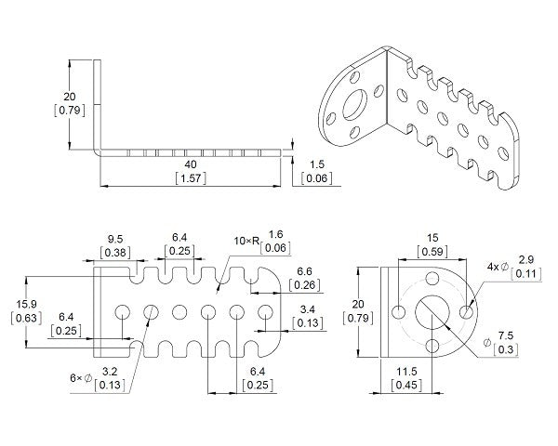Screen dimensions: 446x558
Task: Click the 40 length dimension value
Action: [191, 163]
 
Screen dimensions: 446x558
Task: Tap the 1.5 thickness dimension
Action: [316, 164]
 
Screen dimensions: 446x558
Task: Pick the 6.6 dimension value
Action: [304, 270]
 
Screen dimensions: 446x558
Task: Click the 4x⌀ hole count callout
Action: [497, 267]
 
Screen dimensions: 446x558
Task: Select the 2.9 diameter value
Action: [525, 261]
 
